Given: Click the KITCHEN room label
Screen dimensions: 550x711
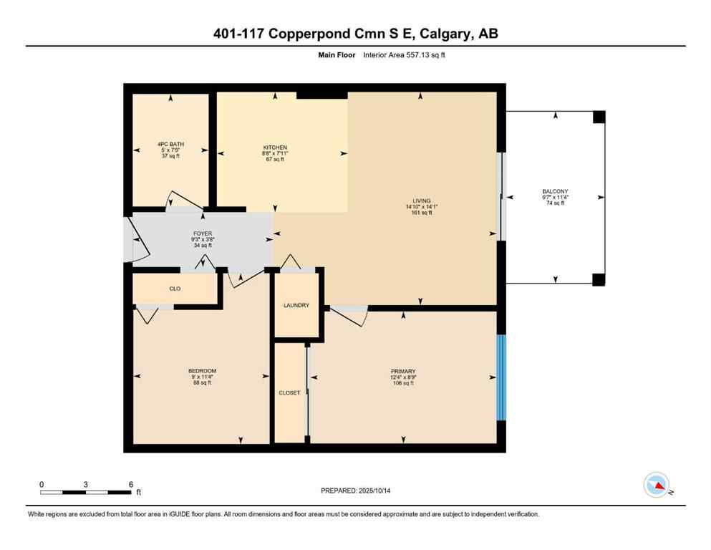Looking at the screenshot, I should pos(274,147).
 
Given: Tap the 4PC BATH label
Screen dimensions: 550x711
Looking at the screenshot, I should pos(170,145).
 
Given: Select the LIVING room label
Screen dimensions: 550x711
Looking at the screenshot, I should pos(421,201).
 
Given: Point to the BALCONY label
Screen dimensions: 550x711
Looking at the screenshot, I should pos(555,192).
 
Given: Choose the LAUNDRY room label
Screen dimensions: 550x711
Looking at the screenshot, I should pos(296,305).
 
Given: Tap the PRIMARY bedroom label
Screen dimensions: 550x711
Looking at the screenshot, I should pos(404,371).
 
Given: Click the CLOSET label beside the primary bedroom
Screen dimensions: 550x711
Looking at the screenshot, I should pos(289,392).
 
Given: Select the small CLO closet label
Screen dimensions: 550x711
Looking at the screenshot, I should pos(175,289).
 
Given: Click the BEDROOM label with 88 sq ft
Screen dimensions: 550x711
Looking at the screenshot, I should pos(202,371).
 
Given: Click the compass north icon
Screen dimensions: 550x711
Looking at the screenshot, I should pos(656,486).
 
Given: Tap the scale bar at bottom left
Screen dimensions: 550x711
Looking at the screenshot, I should pos(86,492).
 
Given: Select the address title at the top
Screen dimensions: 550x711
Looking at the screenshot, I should pos(356,34).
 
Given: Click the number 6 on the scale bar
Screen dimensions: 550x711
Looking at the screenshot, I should pos(130,484).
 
